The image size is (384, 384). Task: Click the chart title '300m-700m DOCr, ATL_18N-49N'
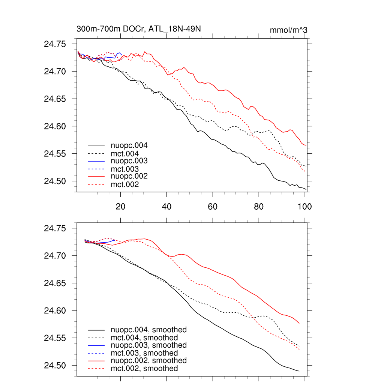pos(140,29)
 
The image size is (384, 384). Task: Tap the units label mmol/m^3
pos(288,30)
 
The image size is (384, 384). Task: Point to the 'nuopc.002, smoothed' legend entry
pos(148,360)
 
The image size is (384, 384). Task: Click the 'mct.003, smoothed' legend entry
pos(144,353)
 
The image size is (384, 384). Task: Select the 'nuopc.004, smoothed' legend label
pos(148,330)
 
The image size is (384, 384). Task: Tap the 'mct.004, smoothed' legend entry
pos(144,337)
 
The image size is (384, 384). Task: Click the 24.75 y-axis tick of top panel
pos(55,44)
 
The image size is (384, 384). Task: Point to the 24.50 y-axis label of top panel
pos(55,181)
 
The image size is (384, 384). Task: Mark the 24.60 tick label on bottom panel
pos(55,311)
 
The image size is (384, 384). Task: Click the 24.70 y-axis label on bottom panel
pos(55,256)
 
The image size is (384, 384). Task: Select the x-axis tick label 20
pos(120,206)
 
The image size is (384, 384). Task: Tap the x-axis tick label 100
pos(304,206)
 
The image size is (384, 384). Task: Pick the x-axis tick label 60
pos(213,206)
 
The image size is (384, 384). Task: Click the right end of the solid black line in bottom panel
pos(299,371)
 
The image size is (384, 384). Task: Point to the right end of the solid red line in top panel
pos(306,145)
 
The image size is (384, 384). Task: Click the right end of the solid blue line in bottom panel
pos(115,240)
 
